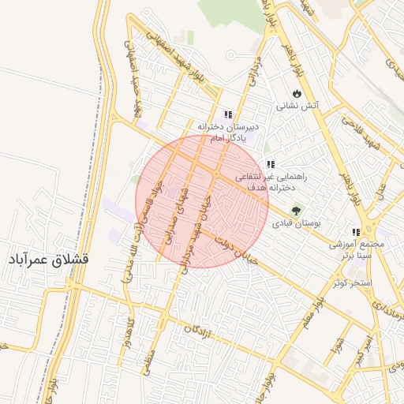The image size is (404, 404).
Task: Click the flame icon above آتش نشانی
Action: coord(297,93)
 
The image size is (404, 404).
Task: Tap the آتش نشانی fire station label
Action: coord(297,106)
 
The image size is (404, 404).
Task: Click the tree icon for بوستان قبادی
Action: coord(296,211)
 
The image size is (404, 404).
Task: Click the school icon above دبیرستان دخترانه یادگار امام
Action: coord(228,114)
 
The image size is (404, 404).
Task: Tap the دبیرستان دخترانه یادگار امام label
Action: coord(228,133)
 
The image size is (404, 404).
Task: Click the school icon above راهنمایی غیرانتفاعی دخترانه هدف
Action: coord(271,164)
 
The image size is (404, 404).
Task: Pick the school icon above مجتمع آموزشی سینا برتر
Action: coord(356,232)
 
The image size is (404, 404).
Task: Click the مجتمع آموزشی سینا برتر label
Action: coord(357,250)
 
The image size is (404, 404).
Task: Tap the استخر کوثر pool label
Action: coord(351,282)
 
